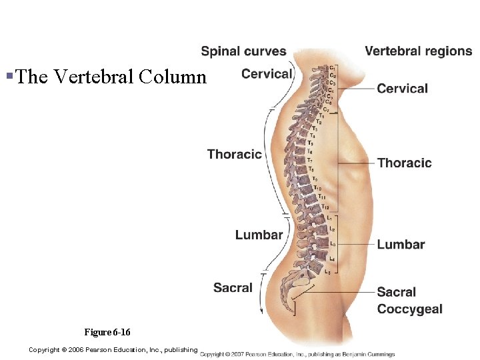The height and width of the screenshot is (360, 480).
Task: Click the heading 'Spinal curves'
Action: click(x=243, y=51)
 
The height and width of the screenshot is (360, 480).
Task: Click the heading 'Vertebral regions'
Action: click(x=418, y=51)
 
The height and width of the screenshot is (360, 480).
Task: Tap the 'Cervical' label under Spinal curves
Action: click(x=267, y=74)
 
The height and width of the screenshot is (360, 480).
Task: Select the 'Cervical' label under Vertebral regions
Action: click(x=402, y=89)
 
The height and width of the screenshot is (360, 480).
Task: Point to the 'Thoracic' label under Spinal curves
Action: click(x=234, y=155)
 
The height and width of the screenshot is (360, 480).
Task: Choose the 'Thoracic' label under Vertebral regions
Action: click(x=404, y=163)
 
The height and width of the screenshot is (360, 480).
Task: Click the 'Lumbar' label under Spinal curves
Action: click(x=259, y=235)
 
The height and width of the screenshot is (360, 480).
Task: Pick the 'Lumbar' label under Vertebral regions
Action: click(x=401, y=245)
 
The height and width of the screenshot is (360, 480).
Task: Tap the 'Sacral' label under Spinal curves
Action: click(x=233, y=288)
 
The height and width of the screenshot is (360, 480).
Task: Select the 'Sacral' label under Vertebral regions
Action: click(x=396, y=292)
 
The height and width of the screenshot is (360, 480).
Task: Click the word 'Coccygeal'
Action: click(x=409, y=309)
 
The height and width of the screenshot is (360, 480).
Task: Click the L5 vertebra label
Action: click(x=327, y=272)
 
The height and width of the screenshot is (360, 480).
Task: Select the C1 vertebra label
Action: click(x=332, y=67)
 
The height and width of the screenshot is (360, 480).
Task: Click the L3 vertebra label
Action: click(x=332, y=244)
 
